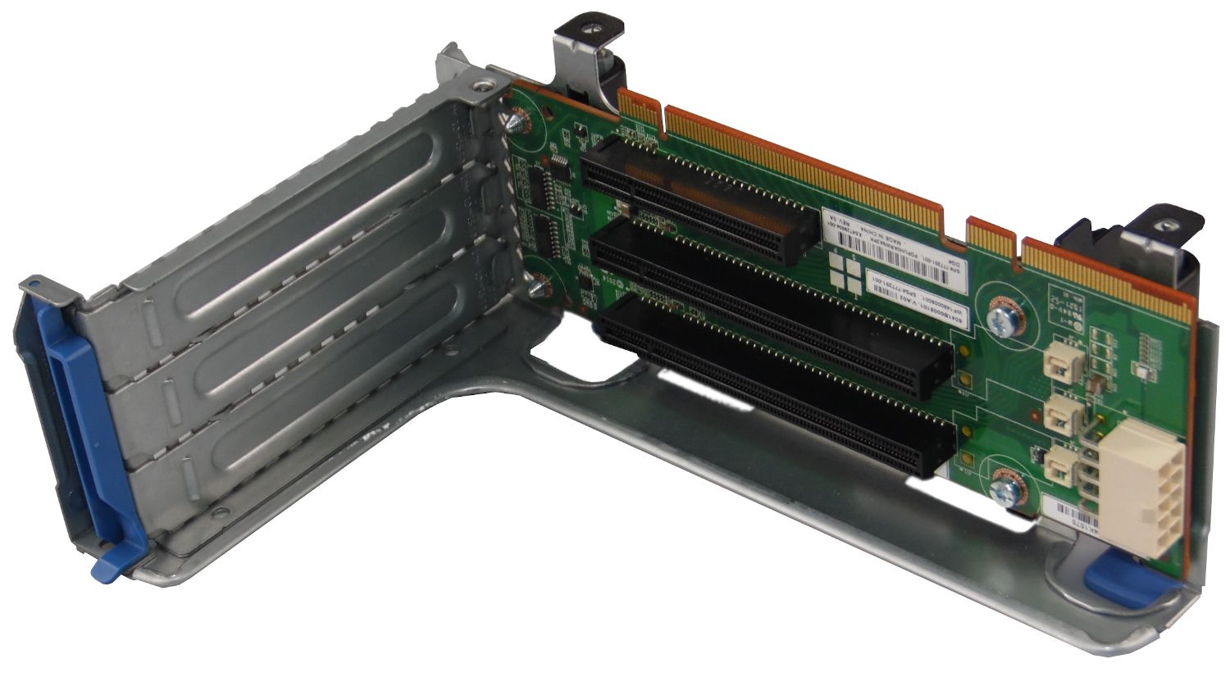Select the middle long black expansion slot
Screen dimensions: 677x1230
[x=771, y=307]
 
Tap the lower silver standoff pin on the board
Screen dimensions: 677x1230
[x=537, y=288]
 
